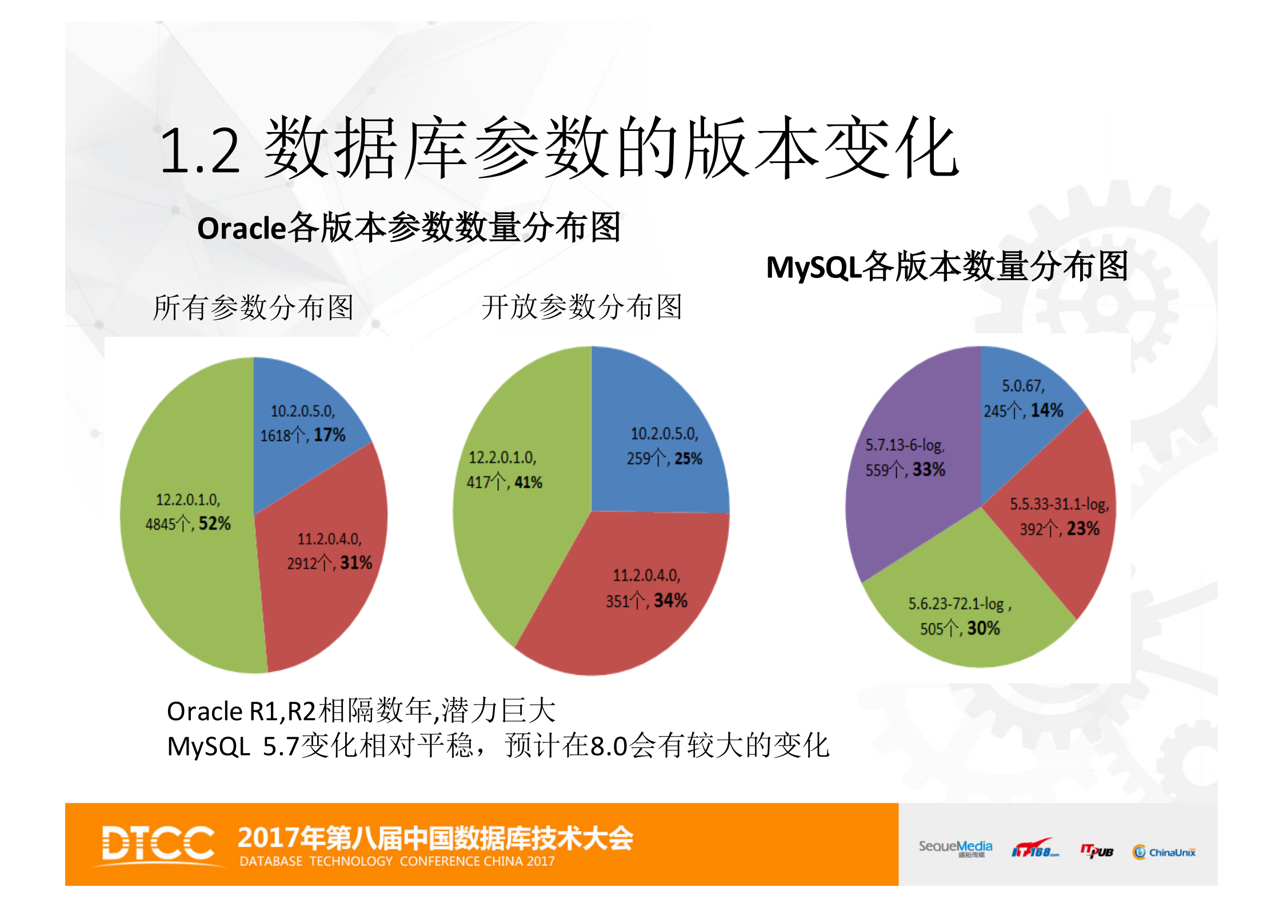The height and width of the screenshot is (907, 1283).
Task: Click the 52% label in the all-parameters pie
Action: [214, 523]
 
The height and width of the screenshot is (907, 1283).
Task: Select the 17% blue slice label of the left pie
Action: [329, 435]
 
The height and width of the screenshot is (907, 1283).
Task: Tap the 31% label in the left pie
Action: [356, 563]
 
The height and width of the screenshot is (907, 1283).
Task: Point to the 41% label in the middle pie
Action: [528, 483]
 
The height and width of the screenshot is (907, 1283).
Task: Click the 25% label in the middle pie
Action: [688, 459]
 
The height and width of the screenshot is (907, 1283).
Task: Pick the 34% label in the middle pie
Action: [670, 600]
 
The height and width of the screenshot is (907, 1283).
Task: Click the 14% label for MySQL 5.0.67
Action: [1047, 410]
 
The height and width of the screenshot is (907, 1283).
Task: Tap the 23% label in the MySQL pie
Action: [1083, 528]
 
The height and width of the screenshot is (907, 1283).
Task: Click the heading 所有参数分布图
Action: [253, 308]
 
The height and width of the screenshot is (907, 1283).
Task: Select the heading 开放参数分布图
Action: [582, 307]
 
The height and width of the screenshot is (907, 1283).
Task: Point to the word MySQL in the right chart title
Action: [813, 267]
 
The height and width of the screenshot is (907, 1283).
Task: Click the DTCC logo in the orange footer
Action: [158, 844]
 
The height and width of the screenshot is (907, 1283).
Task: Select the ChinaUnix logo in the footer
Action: [1164, 852]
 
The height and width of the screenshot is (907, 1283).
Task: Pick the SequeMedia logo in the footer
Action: [955, 848]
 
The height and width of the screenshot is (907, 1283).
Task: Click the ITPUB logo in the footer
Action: [1097, 852]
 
